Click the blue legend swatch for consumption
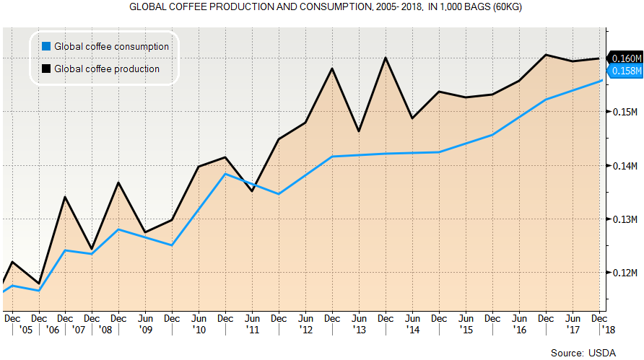click(x=46, y=46)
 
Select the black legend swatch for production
click(x=46, y=69)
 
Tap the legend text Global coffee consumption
click(x=111, y=46)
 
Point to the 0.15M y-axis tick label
click(x=624, y=112)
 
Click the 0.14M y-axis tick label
click(x=624, y=166)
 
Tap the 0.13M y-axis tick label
click(x=624, y=219)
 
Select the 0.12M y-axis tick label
click(x=624, y=273)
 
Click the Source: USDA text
click(x=583, y=353)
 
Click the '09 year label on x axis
click(x=145, y=329)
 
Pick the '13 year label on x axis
click(x=359, y=329)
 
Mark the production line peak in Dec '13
click(x=386, y=58)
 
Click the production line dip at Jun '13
click(x=359, y=131)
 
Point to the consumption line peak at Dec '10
click(x=225, y=174)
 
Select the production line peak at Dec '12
click(x=331, y=69)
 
